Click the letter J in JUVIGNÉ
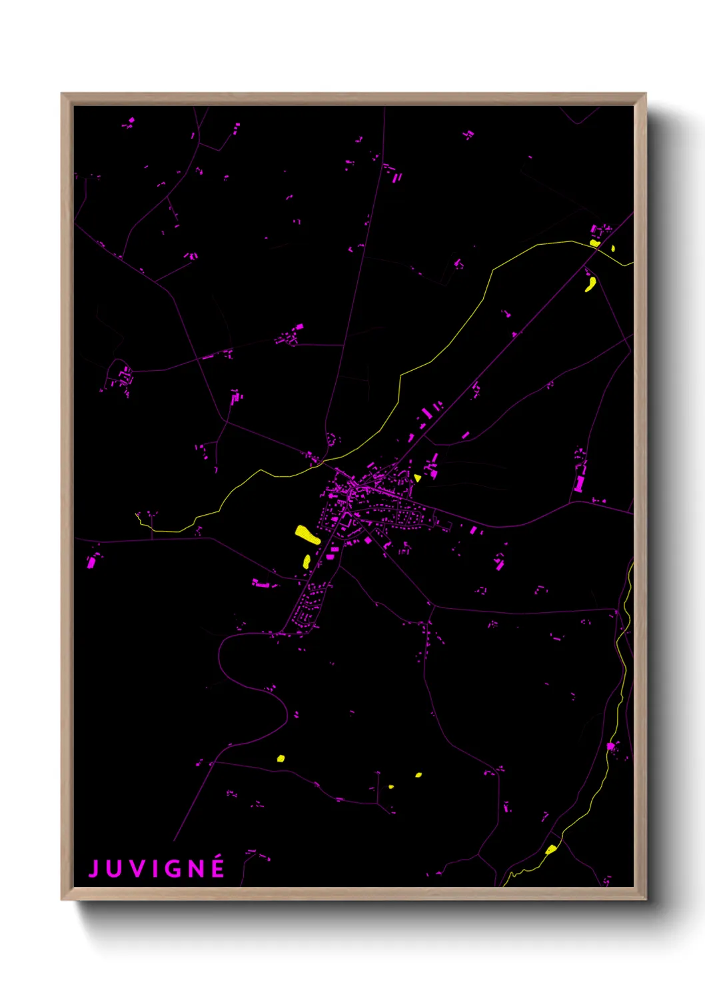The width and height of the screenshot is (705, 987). (x=94, y=869)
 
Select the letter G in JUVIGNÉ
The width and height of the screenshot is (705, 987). (x=175, y=869)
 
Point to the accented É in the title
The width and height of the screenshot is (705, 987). (x=218, y=868)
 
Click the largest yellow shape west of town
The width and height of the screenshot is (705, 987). (x=307, y=535)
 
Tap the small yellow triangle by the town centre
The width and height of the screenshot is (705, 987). (x=417, y=477)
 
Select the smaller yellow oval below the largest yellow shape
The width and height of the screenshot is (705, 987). (x=307, y=562)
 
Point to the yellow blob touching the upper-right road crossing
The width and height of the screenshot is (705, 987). (x=595, y=243)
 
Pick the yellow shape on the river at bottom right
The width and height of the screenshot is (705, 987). (x=550, y=849)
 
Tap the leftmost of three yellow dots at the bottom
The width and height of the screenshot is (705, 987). (x=281, y=758)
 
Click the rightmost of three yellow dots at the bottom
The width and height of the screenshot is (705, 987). (x=418, y=775)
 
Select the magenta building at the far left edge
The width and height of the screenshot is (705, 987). (x=91, y=562)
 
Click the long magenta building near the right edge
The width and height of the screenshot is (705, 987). (x=579, y=483)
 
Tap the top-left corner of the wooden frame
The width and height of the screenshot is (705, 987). (x=62, y=94)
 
